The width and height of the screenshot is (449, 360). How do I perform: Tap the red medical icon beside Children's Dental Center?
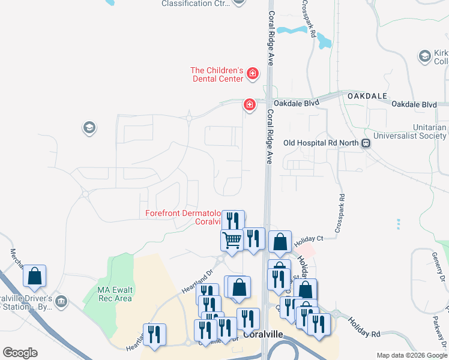[x=253, y=74]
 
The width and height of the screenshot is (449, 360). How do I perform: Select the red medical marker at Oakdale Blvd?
[x=249, y=105]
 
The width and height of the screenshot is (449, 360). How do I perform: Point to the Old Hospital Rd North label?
[x=321, y=143]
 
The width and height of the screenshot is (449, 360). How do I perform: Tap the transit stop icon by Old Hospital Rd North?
[x=365, y=143]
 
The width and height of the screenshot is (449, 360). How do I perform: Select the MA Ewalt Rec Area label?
[x=115, y=294]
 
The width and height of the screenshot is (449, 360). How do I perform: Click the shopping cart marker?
[x=232, y=240]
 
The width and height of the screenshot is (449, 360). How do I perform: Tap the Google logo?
[x=20, y=353]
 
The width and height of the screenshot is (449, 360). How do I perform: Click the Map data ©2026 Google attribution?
[x=412, y=355]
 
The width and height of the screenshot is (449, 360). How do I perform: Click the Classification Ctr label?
[x=195, y=4]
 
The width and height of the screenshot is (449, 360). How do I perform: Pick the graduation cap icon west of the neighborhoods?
[x=89, y=127]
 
